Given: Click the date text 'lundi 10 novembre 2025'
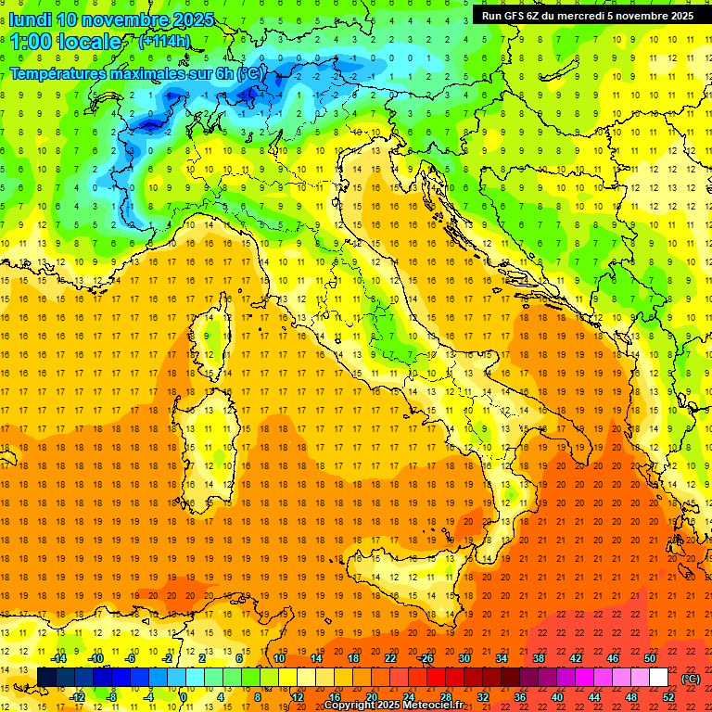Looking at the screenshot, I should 111,19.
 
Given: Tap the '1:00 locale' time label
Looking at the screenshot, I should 66,42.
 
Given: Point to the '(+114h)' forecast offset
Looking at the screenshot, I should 164,42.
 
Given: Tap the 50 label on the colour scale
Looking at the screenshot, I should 649,658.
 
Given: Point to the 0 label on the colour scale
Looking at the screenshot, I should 184,696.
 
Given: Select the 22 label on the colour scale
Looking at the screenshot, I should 391,658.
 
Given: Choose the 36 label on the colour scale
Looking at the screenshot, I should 520,696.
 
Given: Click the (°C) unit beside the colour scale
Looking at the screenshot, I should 691,679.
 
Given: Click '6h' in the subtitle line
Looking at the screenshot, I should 222,73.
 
